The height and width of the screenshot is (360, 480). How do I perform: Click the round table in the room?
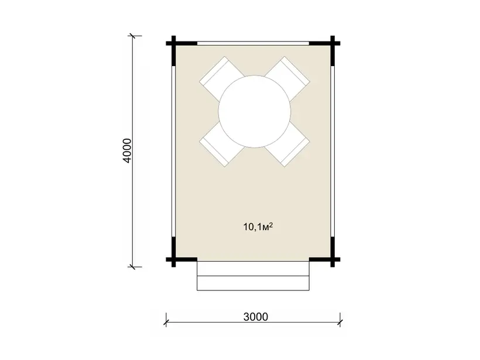point(255,111)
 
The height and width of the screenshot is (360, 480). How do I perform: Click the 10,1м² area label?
point(258,227)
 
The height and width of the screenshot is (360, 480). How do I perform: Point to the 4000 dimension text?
point(127,150)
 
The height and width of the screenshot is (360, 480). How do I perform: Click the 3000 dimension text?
point(256,317)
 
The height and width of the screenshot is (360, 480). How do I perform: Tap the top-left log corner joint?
point(174,43)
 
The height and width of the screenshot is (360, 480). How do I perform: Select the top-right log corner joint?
point(332,43)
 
